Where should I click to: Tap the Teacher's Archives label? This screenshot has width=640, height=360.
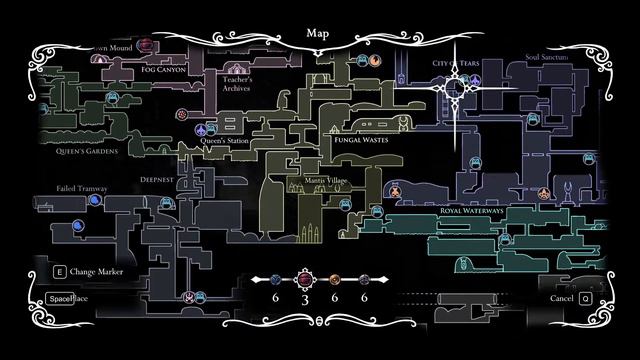[238, 84]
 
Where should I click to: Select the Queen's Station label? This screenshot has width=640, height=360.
[224, 141]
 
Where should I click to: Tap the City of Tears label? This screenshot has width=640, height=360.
[457, 62]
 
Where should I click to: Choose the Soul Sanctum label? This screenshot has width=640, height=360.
[545, 57]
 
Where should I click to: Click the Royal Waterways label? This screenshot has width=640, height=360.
[469, 210]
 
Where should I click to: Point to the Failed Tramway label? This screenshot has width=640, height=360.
[80, 187]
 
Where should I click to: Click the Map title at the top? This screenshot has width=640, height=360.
[319, 32]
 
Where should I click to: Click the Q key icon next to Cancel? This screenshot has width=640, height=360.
[585, 298]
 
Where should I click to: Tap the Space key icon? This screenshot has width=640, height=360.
[54, 298]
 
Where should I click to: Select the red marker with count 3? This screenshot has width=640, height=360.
[304, 280]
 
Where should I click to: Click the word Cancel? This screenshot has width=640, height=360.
[561, 298]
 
